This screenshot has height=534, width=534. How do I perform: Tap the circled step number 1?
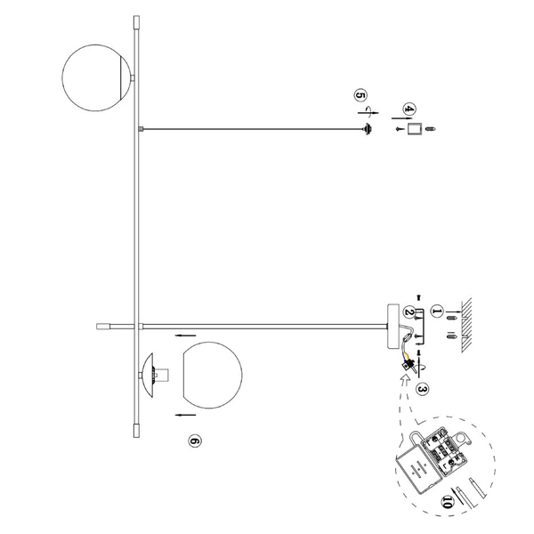click(436, 311)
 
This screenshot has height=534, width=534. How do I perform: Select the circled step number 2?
click(409, 312)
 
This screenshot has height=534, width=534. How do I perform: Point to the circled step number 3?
click(422, 388)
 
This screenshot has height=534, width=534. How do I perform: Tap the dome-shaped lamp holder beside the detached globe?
click(152, 375)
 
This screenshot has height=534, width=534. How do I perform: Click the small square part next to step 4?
click(412, 130)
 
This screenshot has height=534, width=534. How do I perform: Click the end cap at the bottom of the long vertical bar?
click(136, 427)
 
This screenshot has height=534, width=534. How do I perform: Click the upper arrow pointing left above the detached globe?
click(185, 336)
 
